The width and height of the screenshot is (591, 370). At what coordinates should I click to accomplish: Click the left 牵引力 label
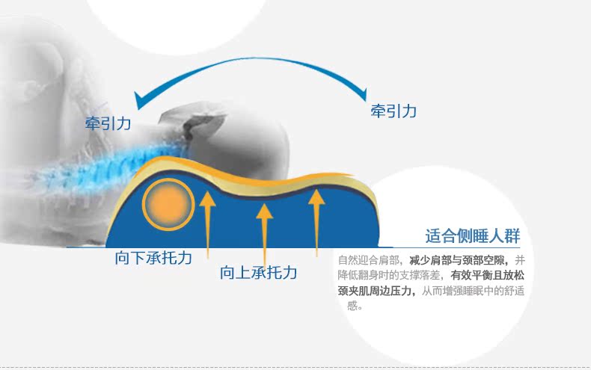pos(108,123)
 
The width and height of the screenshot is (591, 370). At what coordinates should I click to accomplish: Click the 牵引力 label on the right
pos(394,111)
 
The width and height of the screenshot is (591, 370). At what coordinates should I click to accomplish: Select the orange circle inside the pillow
pos(168,204)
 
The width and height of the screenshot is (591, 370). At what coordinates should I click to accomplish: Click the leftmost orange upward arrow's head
pos(207,199)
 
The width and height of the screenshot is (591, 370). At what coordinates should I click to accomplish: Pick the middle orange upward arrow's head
pos(265,212)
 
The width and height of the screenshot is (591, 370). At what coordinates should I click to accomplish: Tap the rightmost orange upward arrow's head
pos(316,197)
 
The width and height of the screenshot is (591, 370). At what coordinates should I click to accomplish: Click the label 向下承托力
pos(153,258)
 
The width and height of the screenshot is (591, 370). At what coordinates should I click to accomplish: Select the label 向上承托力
pos(259,272)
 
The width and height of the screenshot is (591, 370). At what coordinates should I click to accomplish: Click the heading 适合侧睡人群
pos(473,236)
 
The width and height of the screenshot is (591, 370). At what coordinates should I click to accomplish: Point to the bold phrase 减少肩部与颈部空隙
pos(456,260)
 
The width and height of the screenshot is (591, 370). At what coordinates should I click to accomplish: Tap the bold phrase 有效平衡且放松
pos(487,275)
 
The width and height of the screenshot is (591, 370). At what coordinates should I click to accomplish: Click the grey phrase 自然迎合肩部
pos(368,260)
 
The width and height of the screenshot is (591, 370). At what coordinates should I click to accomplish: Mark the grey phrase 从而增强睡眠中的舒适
pos(473,291)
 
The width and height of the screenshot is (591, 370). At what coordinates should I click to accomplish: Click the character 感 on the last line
pos(352,306)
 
